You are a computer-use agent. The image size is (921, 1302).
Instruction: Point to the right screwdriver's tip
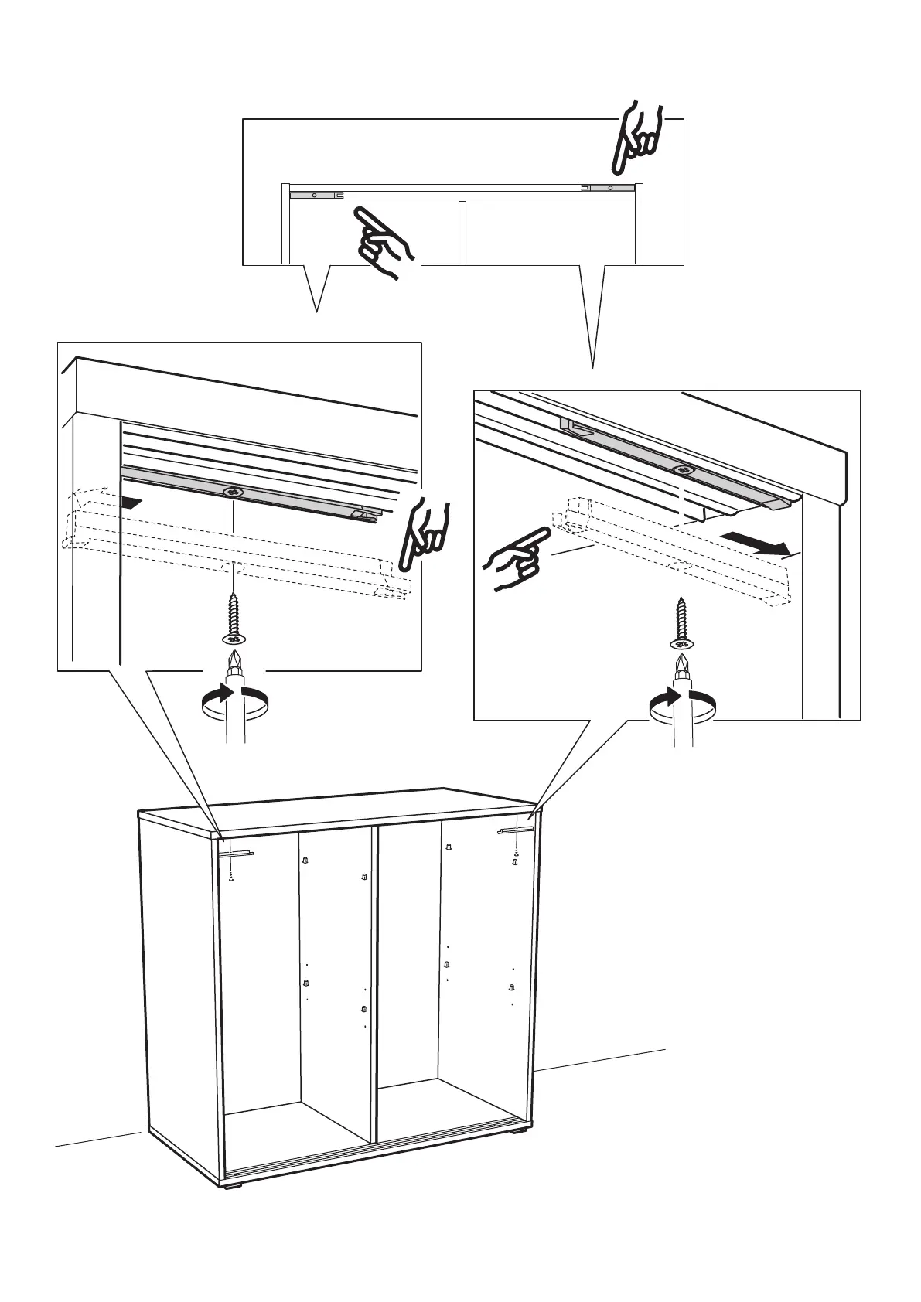(681, 663)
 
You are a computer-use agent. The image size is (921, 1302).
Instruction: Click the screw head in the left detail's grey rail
(233, 492)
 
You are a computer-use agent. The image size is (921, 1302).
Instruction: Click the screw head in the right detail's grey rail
(681, 470)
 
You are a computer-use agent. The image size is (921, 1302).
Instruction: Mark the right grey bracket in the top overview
(609, 187)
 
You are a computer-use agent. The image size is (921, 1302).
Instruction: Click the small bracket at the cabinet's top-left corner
(236, 854)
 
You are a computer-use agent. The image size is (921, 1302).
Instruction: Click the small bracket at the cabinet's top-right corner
(517, 831)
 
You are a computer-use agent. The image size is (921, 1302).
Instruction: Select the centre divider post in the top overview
(462, 232)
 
